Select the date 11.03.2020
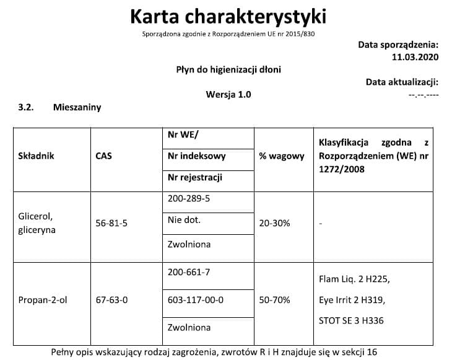click(415, 57)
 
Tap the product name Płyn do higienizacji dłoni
click(228, 69)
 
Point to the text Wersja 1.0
click(228, 95)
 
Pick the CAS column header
click(103, 156)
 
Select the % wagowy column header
click(282, 156)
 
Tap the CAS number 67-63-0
click(111, 300)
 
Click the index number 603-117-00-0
click(196, 300)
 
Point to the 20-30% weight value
click(274, 223)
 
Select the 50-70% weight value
click(274, 300)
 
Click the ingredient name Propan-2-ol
click(43, 300)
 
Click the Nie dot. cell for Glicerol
click(185, 220)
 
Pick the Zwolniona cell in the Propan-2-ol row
click(189, 327)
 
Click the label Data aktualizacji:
click(402, 82)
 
